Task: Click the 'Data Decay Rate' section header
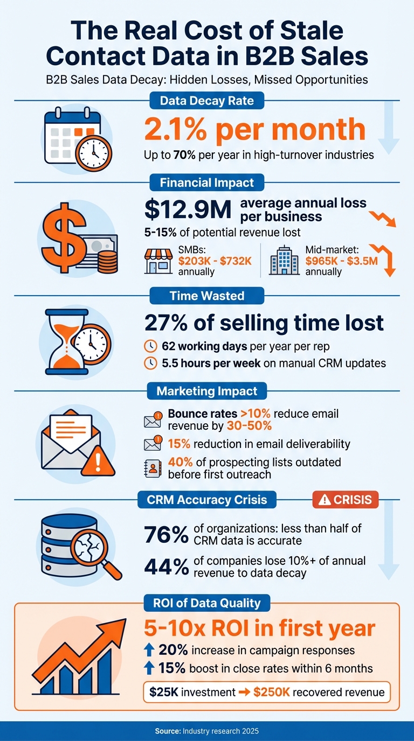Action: tap(207, 100)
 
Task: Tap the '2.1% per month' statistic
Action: tap(254, 130)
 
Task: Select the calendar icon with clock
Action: tap(78, 139)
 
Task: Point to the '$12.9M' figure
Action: tap(187, 209)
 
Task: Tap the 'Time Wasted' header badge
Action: tap(207, 296)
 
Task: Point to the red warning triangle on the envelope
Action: tap(98, 461)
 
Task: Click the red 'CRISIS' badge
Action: tap(346, 499)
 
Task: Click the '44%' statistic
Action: tap(165, 567)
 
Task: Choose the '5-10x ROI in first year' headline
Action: tap(259, 628)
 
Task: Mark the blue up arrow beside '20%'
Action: tap(150, 650)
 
